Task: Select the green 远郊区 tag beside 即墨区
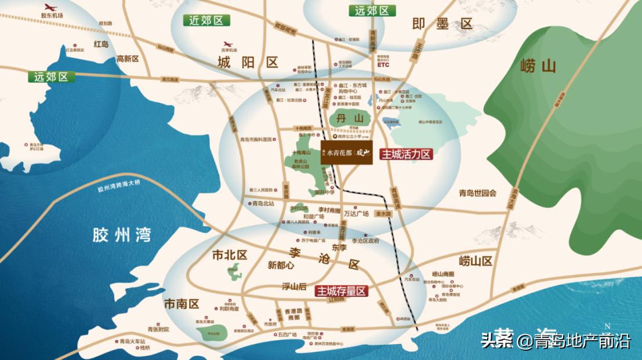(x=372, y=11)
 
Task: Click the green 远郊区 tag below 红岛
(x=50, y=77)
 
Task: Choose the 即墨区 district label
(x=442, y=24)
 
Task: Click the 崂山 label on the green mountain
(x=538, y=66)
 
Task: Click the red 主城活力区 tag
(x=407, y=154)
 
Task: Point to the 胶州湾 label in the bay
(x=122, y=235)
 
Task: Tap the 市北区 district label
(x=230, y=255)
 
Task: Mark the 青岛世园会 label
(x=478, y=193)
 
